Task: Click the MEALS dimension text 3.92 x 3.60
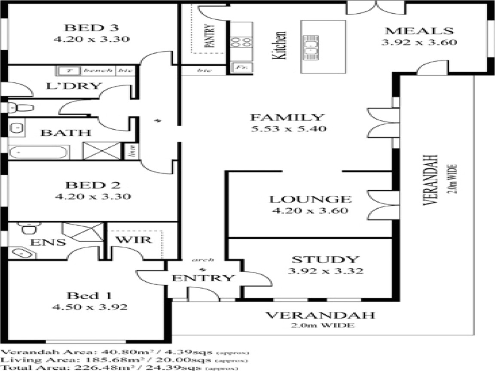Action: click(x=419, y=43)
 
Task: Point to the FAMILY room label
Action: click(x=287, y=117)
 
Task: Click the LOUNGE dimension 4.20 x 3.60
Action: click(x=309, y=211)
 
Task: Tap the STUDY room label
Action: click(x=325, y=260)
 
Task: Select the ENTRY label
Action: click(x=203, y=278)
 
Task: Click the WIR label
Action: click(x=136, y=240)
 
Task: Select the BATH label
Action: click(x=66, y=133)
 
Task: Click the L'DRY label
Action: click(x=73, y=85)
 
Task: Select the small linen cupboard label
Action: click(x=133, y=151)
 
